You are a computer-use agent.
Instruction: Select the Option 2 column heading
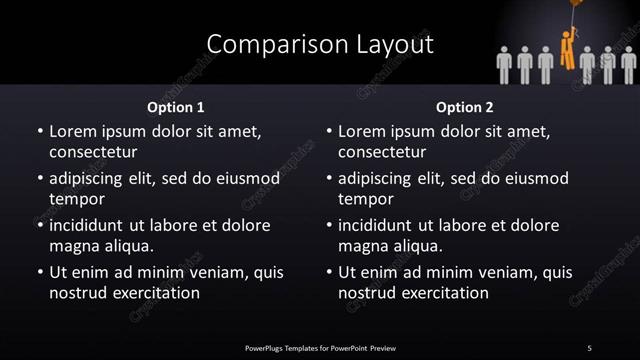click(x=465, y=106)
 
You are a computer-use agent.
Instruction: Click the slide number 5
click(x=589, y=347)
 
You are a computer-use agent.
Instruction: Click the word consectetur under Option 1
click(x=92, y=152)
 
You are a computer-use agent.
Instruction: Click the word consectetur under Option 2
click(x=382, y=152)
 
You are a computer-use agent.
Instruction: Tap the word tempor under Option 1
click(x=73, y=199)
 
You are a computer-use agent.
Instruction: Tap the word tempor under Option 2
click(x=363, y=199)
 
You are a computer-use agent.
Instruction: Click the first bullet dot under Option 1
click(x=40, y=131)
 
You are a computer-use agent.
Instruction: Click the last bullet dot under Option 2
click(x=330, y=272)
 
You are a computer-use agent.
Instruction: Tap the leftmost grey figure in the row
click(x=505, y=64)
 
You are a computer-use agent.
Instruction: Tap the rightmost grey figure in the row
click(x=628, y=64)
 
